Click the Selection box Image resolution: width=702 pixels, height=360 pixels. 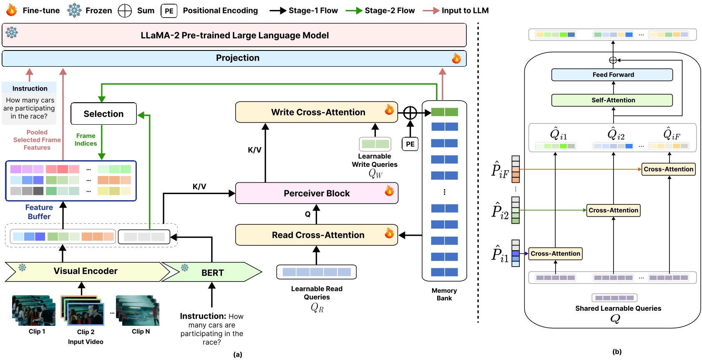point(103,113)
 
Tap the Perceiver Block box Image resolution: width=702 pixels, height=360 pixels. point(317,193)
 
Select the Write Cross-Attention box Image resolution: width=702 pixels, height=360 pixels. point(317,112)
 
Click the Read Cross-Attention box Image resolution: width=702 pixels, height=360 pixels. point(317,235)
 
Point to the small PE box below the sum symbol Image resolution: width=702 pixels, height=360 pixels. point(410,144)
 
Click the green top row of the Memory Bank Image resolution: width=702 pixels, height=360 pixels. point(444,112)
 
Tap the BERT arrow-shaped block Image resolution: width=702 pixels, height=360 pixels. point(212,272)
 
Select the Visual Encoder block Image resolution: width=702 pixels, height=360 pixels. point(86,271)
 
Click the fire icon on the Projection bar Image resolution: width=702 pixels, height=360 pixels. point(456,58)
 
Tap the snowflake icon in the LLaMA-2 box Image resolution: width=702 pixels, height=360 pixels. point(12,33)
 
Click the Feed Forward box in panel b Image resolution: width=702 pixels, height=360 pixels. point(612,75)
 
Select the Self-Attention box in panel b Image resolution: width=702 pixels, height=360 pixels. point(612,100)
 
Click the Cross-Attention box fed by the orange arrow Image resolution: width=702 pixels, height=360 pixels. point(668,169)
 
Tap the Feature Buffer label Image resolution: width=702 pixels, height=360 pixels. point(39,212)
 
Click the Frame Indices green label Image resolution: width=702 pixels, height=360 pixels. point(86,139)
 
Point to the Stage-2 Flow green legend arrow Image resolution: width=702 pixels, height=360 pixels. point(354,11)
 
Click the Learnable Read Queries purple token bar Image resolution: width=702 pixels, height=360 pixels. point(316,272)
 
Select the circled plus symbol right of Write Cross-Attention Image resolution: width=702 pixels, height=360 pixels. point(410,113)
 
